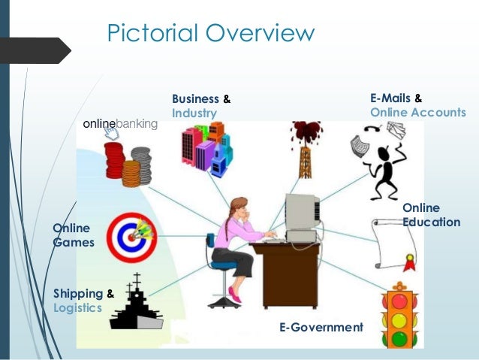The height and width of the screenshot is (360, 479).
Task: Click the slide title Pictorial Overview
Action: (x=210, y=34)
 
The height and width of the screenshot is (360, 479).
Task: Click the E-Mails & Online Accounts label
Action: (x=417, y=106)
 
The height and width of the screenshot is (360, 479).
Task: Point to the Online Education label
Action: (x=431, y=215)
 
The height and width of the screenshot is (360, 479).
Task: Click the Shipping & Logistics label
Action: (x=83, y=301)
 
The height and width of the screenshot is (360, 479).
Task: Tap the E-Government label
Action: (x=321, y=328)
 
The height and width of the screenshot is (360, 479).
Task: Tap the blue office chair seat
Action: (x=224, y=265)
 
